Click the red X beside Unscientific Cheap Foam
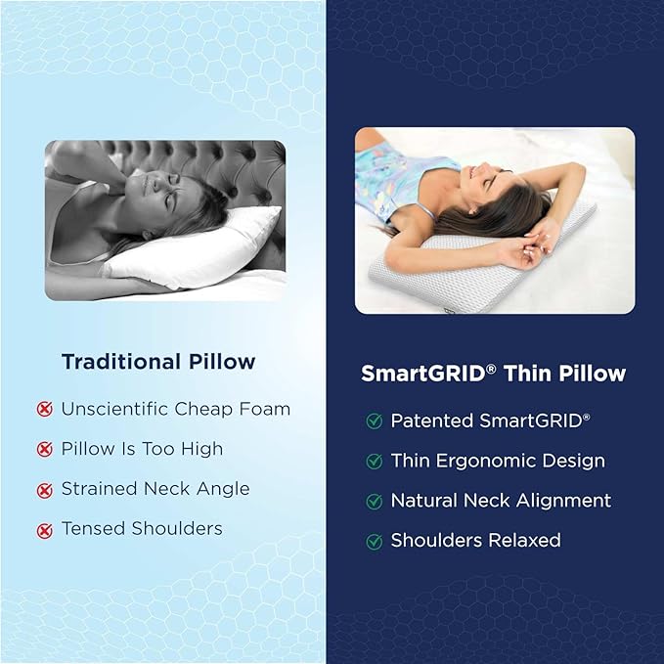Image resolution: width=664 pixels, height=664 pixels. [44, 409]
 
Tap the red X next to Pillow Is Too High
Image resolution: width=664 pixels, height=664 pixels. [44, 449]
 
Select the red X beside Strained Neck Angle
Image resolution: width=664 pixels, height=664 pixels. [44, 490]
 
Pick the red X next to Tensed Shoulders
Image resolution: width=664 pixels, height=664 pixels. [44, 531]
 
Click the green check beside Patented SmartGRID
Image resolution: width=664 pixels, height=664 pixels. [375, 421]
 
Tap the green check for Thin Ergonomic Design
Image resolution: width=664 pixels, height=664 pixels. [375, 462]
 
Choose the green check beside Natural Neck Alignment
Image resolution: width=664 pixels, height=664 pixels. [375, 502]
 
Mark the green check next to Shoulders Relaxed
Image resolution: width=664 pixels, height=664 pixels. [375, 541]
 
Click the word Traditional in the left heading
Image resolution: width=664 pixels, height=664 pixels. [121, 362]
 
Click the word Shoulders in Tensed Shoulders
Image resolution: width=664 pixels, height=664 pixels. [177, 528]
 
